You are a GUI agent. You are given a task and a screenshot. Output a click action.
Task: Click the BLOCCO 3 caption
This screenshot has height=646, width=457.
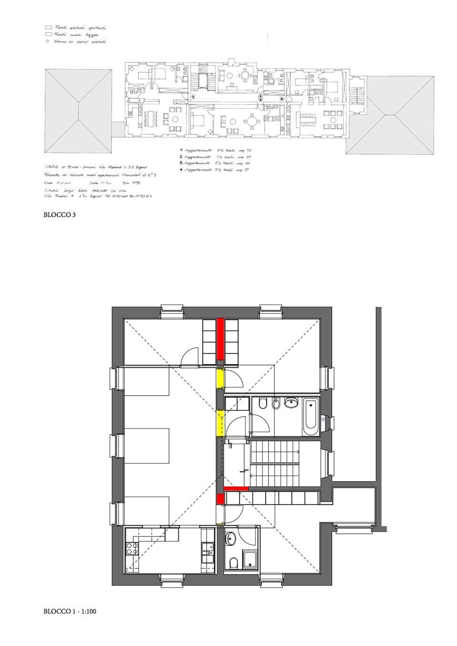(60, 215)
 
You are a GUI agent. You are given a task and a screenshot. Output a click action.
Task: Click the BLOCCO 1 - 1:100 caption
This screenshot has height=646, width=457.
(70, 611)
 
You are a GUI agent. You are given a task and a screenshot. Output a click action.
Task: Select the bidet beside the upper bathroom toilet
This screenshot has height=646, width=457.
(276, 405)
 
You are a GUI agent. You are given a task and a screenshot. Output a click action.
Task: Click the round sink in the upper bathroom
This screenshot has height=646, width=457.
(290, 404)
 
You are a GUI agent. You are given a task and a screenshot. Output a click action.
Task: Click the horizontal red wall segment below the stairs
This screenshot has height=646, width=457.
(236, 488)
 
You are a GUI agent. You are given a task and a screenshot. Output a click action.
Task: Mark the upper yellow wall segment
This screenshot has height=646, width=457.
(220, 379)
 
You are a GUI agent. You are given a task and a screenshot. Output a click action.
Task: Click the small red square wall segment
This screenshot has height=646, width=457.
(220, 498)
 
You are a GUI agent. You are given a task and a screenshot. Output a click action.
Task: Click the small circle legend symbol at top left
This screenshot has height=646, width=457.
(47, 42)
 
